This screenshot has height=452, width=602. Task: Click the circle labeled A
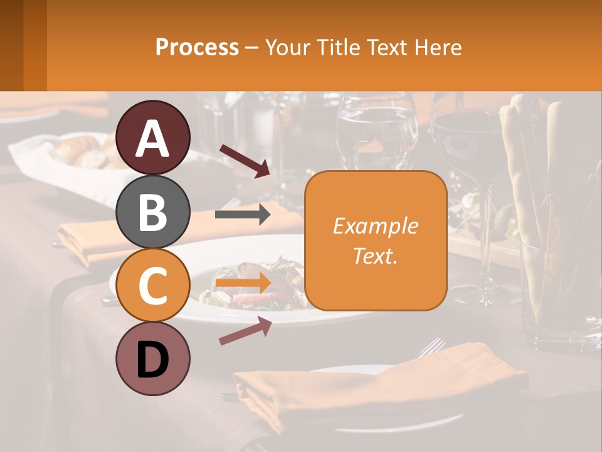point(153,137)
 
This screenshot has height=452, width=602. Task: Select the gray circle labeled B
point(153,212)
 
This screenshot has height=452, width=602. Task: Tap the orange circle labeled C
point(153,285)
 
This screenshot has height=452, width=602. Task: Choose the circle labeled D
point(153,358)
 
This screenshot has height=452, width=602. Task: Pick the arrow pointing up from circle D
point(245,331)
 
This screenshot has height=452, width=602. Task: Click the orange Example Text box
point(375,241)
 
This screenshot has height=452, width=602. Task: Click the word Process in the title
point(197,47)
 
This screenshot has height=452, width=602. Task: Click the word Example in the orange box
point(375,226)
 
